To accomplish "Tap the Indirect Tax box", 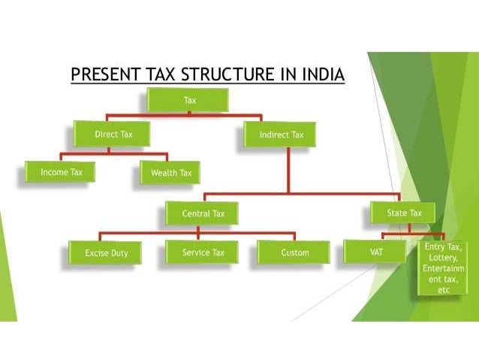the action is (282, 135).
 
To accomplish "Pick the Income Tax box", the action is (61, 172).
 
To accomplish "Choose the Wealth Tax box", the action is (170, 174).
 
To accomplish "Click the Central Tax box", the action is (203, 214).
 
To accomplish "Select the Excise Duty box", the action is (106, 253).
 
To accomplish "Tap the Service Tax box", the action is (203, 253).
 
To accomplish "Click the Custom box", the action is (294, 253).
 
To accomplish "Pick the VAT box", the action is (376, 253).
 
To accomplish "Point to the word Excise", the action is (95, 253).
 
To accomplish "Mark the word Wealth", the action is (163, 174).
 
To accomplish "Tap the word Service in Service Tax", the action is (195, 253).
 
